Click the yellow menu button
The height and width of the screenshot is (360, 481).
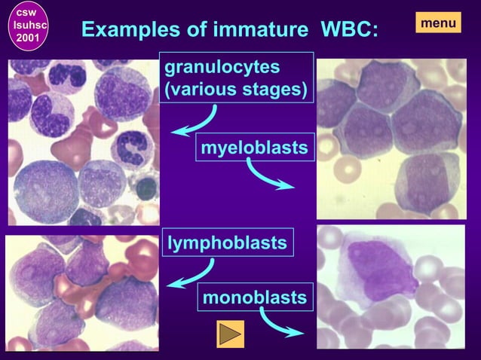(438, 23)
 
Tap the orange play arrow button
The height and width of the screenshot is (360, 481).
(230, 334)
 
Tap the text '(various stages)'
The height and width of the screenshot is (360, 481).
(236, 91)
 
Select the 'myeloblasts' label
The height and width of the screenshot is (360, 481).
(254, 148)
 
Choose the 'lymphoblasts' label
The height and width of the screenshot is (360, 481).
(227, 243)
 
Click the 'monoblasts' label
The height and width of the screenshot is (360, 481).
(255, 297)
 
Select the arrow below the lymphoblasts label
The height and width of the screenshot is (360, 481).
(191, 274)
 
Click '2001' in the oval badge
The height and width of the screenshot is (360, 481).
(28, 38)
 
